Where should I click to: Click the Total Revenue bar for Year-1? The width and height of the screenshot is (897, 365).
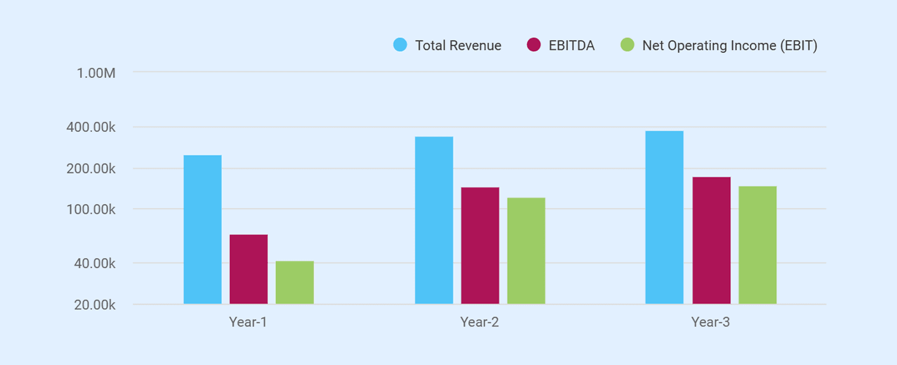203,229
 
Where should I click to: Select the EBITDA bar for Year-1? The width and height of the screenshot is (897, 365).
249,269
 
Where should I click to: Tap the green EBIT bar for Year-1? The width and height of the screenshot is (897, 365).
295,282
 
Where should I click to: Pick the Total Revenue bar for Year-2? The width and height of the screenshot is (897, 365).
434,220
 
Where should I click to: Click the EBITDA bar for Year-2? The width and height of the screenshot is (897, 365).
480,245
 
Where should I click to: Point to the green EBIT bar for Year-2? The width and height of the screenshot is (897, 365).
526,251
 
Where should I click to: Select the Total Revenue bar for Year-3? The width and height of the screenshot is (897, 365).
665,217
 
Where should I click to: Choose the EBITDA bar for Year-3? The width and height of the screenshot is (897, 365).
712,240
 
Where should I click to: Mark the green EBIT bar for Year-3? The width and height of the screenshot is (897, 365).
758,245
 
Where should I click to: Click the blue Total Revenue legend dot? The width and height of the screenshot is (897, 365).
400,45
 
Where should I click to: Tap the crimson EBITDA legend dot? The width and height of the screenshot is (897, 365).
534,45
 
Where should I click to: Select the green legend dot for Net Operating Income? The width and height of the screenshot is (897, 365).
627,45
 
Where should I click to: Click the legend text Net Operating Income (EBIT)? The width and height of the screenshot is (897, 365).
730,46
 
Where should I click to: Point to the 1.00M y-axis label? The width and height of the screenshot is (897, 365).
96,73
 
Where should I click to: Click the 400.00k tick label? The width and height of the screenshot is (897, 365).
91,127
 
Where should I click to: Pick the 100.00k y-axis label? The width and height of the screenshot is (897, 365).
91,210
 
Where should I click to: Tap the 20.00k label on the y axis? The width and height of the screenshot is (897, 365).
95,305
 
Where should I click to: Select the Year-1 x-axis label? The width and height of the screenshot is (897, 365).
248,322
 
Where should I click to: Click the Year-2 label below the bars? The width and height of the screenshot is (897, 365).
479,322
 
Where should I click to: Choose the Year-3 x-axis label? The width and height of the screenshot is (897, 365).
711,322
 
